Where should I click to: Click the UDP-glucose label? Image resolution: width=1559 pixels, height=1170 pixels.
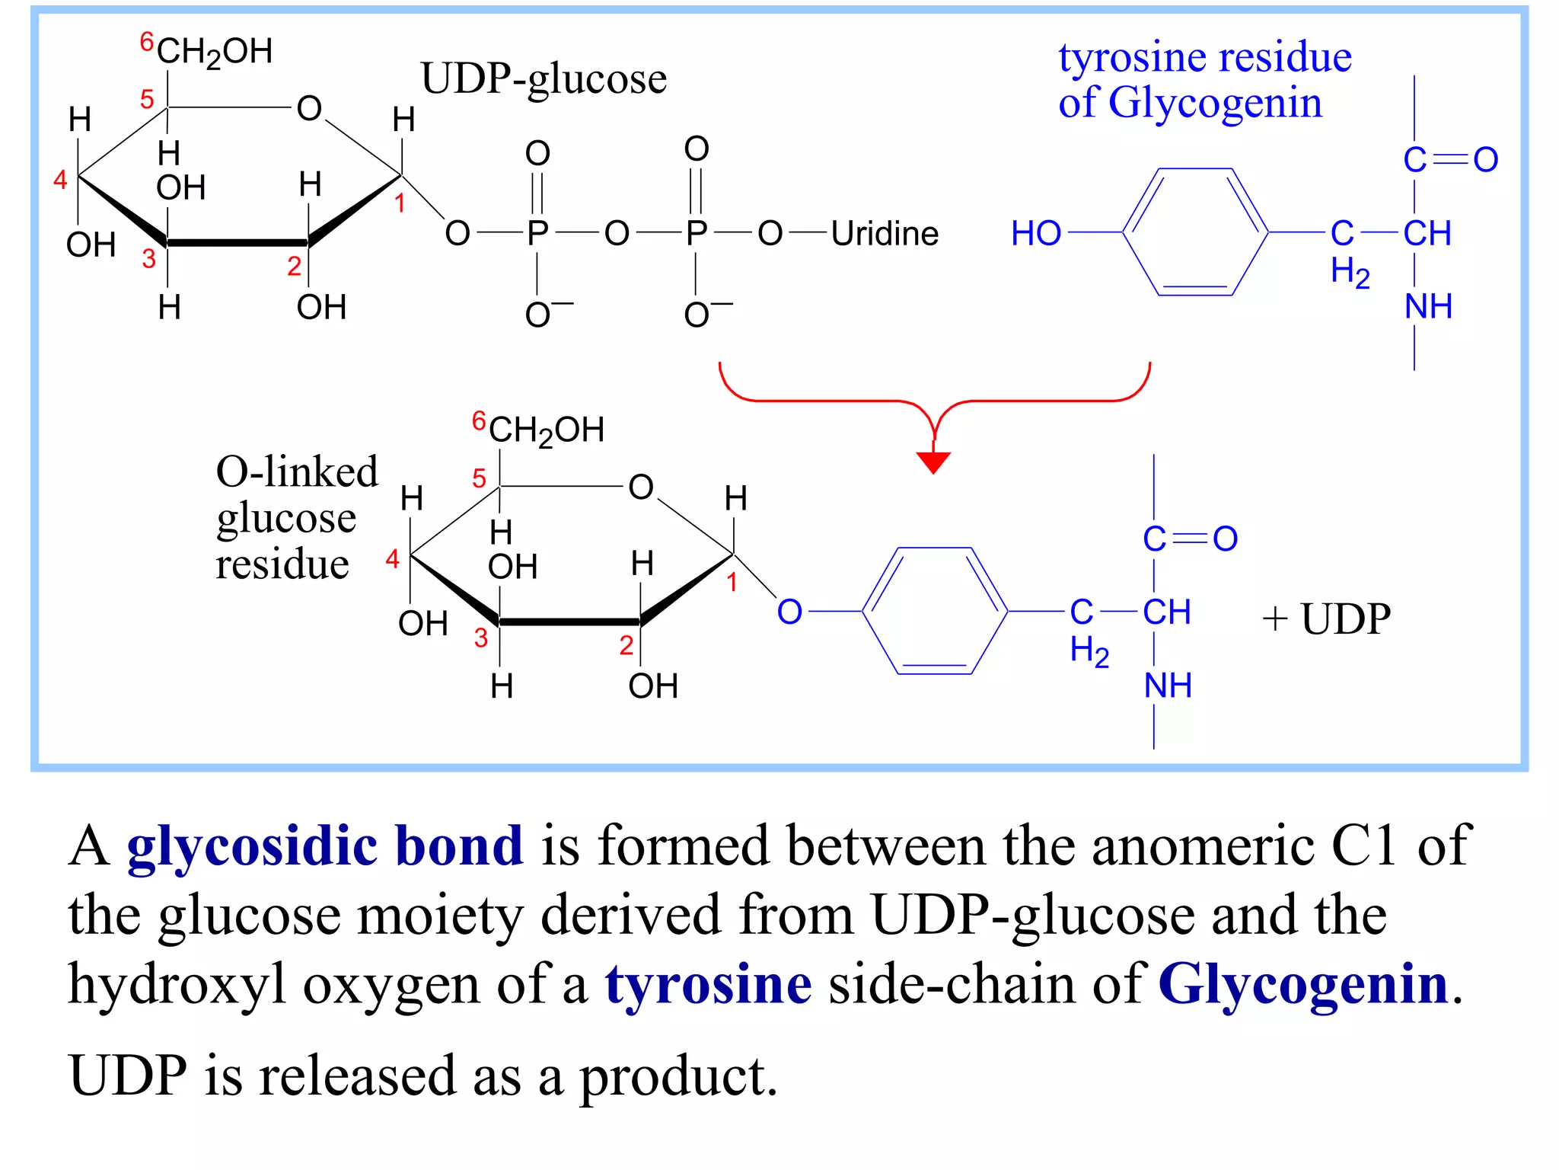tap(544, 79)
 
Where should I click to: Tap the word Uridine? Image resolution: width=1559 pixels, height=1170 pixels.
tap(885, 234)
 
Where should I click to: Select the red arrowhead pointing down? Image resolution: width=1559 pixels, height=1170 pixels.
tap(933, 462)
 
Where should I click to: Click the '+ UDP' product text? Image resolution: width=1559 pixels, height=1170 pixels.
tap(1326, 619)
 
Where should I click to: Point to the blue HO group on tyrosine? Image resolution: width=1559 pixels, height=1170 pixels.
tap(1035, 233)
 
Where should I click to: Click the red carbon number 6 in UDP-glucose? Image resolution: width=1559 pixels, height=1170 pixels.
tap(147, 41)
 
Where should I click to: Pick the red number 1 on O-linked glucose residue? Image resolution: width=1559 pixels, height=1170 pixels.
tap(732, 583)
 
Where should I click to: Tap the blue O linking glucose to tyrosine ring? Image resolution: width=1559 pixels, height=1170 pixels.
tap(789, 612)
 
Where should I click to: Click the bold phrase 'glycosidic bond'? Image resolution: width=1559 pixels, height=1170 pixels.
tap(325, 846)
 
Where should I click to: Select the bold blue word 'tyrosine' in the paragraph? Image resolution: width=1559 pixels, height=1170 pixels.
tap(708, 984)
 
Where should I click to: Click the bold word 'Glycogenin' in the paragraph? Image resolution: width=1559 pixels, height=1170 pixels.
tap(1302, 984)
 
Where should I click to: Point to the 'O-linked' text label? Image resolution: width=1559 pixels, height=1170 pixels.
tap(297, 472)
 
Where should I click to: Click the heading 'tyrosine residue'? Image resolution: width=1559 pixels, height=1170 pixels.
tap(1204, 57)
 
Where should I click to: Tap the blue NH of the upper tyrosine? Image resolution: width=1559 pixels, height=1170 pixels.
tap(1428, 306)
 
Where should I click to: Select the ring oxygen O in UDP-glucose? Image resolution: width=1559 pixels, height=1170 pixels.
tap(309, 109)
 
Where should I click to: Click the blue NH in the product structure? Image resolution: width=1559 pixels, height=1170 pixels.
tap(1168, 686)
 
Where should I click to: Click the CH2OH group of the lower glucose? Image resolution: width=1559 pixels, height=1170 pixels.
tap(546, 430)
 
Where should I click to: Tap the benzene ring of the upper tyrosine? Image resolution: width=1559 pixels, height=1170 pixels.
tap(1195, 232)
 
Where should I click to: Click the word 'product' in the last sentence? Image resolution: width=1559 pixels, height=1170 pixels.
tap(677, 1076)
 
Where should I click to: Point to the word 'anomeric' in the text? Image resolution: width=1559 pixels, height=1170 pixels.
tap(1203, 846)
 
